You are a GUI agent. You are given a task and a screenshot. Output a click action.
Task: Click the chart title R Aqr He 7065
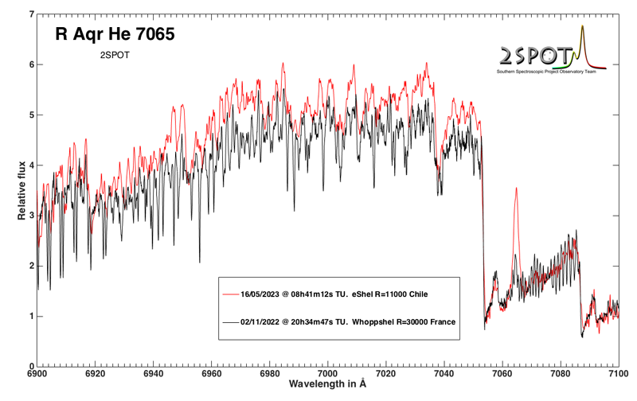(x=114, y=34)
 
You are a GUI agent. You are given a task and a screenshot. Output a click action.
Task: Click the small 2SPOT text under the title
(x=114, y=56)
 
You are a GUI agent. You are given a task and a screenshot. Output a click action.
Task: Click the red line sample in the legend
(x=231, y=294)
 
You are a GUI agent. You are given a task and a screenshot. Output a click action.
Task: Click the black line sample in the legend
(x=231, y=323)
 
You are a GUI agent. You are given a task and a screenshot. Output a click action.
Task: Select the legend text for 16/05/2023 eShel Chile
(x=334, y=294)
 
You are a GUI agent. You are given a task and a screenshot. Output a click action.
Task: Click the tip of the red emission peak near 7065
(x=516, y=189)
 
